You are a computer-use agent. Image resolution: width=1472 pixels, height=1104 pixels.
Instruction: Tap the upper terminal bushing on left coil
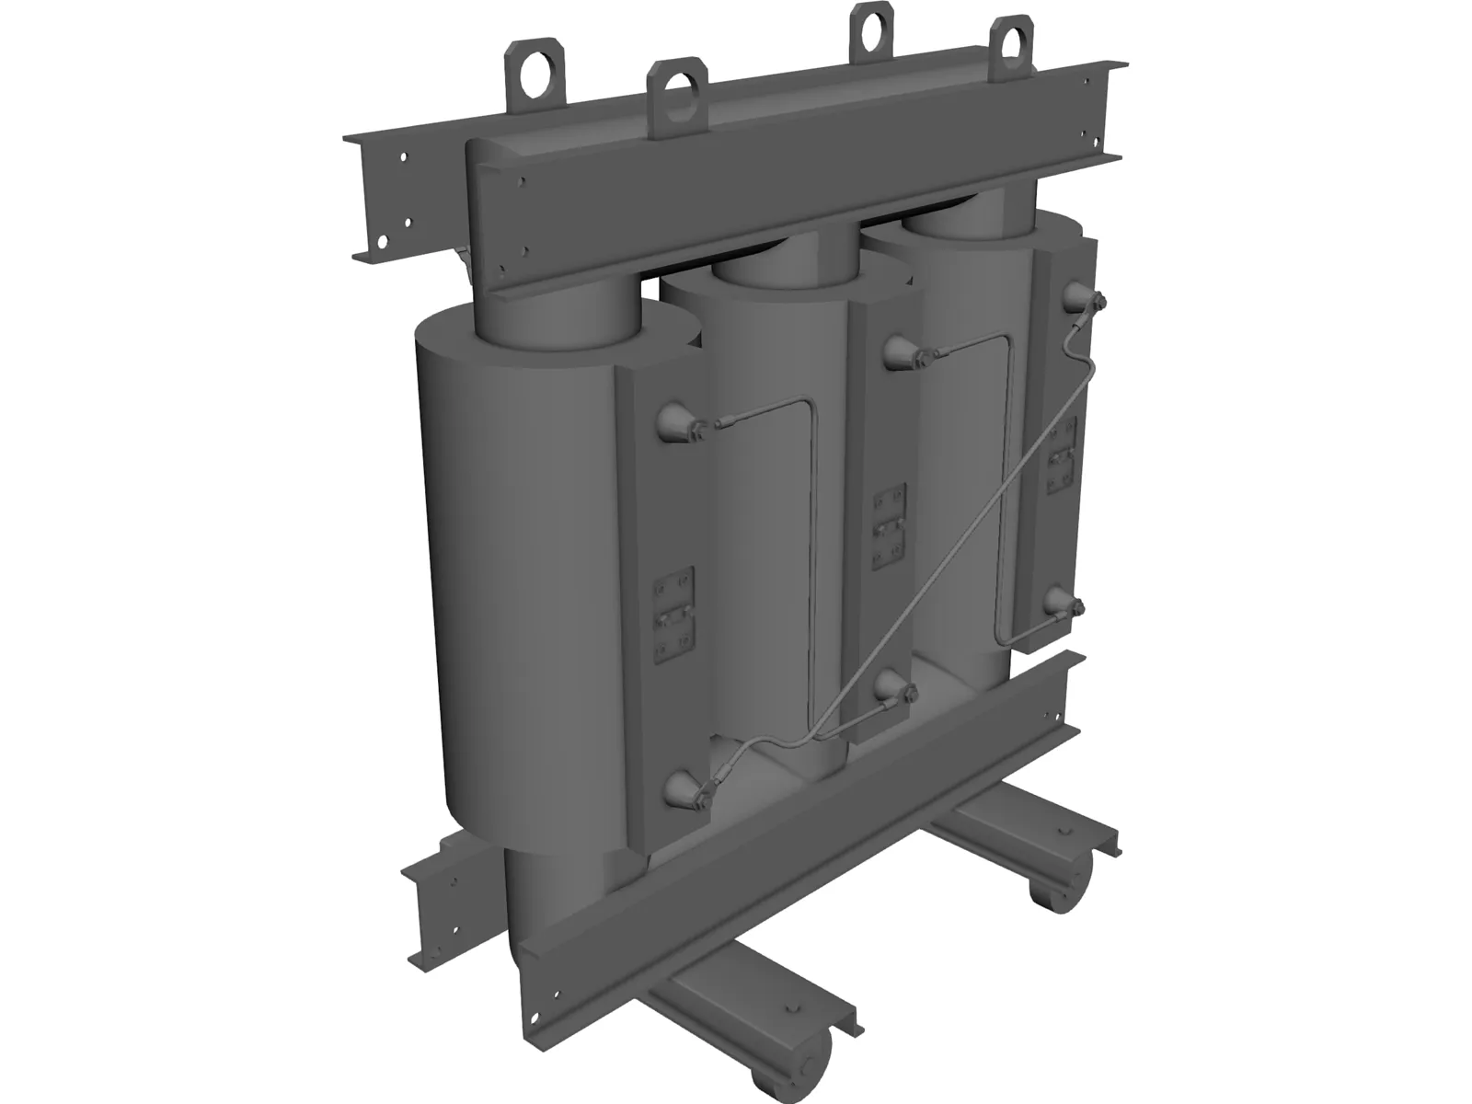pos(676,423)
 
